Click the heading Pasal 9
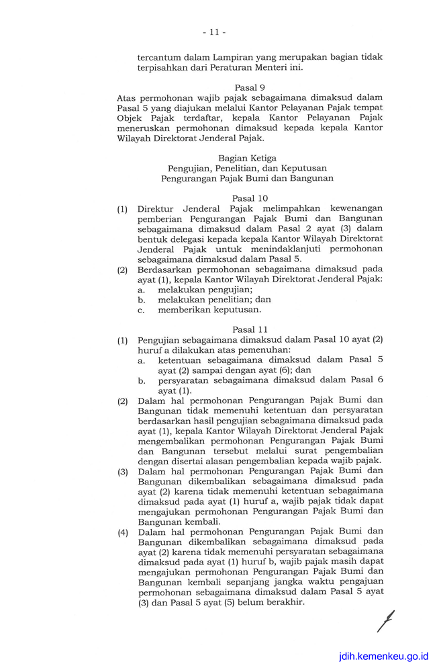click(x=250, y=87)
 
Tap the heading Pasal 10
click(x=250, y=198)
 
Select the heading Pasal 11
click(x=250, y=329)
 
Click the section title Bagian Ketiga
click(x=247, y=158)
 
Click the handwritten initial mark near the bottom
click(x=385, y=621)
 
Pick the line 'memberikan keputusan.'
click(x=209, y=310)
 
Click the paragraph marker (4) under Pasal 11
click(x=123, y=532)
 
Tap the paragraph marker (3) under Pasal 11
click(x=123, y=472)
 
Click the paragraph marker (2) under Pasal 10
click(x=123, y=269)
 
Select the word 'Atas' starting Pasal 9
click(x=127, y=98)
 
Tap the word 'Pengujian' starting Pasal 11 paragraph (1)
click(x=160, y=340)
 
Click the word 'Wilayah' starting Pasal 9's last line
click(x=134, y=138)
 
